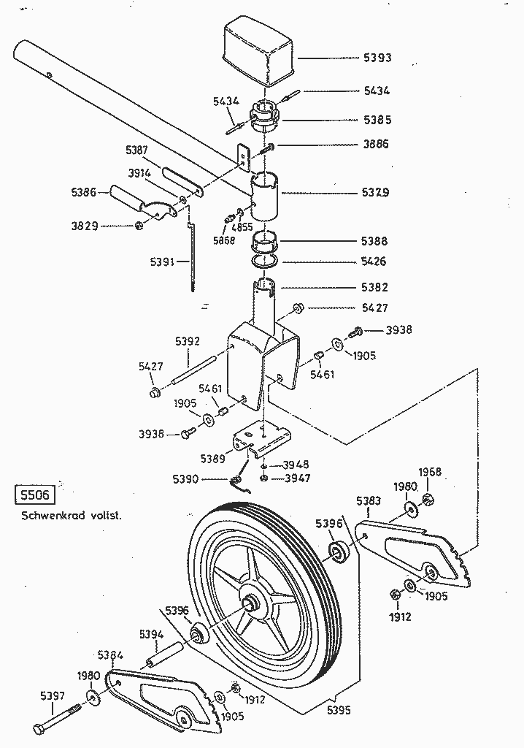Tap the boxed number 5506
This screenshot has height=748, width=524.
coord(34,496)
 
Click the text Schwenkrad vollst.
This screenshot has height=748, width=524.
coord(71,516)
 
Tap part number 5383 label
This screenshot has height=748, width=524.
coord(369,500)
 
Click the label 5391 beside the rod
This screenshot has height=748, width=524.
coord(163,262)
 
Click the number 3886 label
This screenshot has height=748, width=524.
coord(376,144)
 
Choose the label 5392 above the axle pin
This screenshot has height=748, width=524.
coord(188,341)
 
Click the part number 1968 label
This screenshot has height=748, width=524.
coord(431,472)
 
